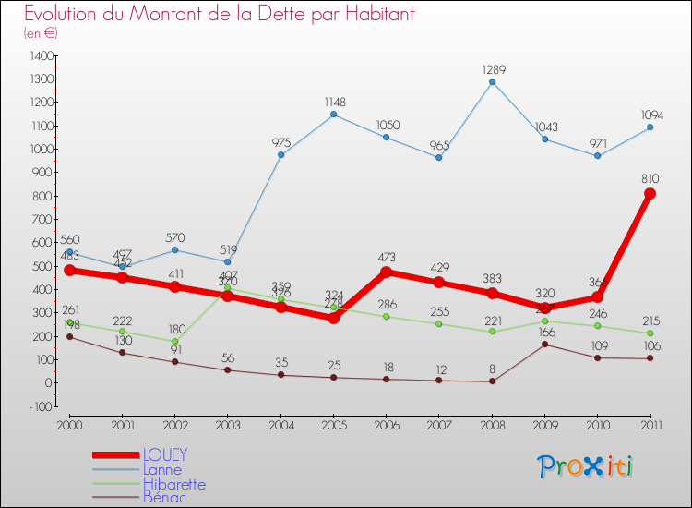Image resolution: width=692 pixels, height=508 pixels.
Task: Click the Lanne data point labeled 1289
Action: click(492, 82)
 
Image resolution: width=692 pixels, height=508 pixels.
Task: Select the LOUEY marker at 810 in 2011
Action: click(650, 194)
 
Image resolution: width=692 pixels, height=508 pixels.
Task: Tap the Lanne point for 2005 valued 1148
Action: click(333, 115)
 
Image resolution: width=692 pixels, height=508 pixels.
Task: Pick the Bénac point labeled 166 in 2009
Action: click(544, 345)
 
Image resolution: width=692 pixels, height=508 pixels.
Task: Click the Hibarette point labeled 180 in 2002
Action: click(174, 341)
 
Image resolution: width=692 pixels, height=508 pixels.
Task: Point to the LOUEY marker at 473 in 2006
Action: click(386, 272)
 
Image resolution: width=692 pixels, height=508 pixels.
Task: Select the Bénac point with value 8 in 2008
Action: click(492, 381)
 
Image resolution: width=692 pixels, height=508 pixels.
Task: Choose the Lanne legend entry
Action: click(161, 469)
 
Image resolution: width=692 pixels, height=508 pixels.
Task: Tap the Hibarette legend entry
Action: click(174, 484)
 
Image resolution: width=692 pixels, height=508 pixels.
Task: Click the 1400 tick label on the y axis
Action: click(40, 55)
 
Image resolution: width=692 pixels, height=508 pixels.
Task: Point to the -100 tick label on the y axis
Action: click(40, 406)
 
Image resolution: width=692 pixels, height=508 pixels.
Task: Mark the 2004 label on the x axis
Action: click(280, 425)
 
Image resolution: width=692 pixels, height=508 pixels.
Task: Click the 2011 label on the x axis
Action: click(650, 425)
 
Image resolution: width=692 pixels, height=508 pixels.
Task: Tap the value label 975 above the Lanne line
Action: click(281, 143)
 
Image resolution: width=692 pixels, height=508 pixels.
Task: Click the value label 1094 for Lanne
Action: click(650, 115)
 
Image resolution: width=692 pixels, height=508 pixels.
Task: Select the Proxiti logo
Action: click(586, 466)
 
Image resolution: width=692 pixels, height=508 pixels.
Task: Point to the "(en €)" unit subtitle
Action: click(42, 32)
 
